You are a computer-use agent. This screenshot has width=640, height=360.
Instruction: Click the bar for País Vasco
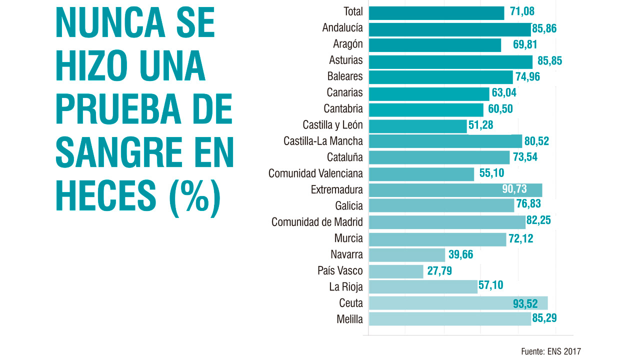point(396,271)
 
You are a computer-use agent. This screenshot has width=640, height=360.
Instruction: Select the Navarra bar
point(406,255)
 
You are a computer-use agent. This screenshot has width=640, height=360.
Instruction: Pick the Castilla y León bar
point(417,126)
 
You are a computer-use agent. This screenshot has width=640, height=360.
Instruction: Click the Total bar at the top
point(436,13)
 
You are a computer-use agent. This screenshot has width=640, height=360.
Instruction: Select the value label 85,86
point(544,28)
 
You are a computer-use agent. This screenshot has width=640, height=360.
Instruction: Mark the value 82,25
point(538,221)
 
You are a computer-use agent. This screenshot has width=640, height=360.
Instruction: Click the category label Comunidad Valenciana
point(315,174)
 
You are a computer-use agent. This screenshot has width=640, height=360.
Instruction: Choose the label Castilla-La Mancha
point(323,141)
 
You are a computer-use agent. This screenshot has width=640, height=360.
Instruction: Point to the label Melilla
point(349,319)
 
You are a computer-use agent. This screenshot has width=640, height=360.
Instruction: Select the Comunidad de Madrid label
point(317,222)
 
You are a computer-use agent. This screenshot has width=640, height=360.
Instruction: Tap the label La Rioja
point(345,287)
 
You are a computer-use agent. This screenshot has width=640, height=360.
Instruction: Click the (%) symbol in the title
point(194,196)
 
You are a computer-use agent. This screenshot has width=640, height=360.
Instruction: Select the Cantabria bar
point(426,109)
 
